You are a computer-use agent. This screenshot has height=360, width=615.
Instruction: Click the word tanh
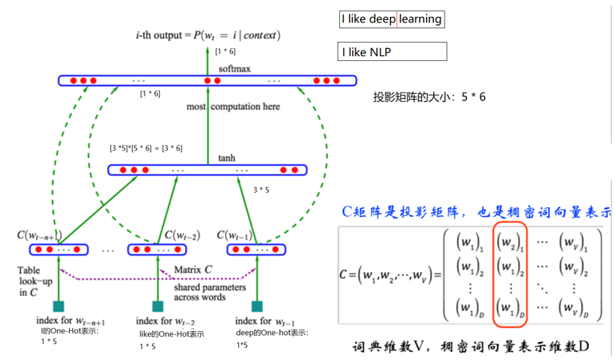tap(227, 157)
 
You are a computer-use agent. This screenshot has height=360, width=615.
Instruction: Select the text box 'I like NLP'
tap(393, 53)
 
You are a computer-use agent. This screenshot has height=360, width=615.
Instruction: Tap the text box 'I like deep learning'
tap(392, 19)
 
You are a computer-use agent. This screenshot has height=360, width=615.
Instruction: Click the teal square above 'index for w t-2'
tap(158, 306)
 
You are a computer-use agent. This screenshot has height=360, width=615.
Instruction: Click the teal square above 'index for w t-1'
tap(257, 306)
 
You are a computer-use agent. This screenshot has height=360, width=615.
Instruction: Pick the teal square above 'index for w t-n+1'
tap(58, 306)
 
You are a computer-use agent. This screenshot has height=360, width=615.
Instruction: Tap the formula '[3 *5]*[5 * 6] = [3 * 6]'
tap(146, 148)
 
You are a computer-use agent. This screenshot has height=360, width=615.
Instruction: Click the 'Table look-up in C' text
tap(33, 282)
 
